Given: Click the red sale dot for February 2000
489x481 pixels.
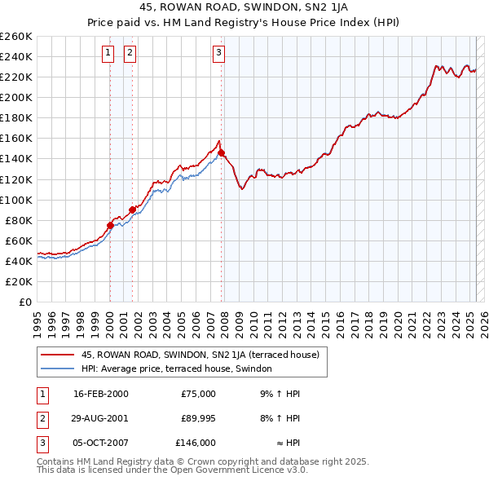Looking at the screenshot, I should pyautogui.click(x=110, y=225).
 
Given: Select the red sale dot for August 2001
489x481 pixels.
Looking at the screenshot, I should pyautogui.click(x=132, y=210).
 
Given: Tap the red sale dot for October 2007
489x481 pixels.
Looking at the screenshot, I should pyautogui.click(x=221, y=152).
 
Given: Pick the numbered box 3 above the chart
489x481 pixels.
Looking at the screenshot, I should pyautogui.click(x=219, y=54).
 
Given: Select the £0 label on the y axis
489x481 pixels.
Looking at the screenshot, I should pyautogui.click(x=25, y=302).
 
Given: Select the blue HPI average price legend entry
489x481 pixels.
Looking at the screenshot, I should pyautogui.click(x=179, y=369).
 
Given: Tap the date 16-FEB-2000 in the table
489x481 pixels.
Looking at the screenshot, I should pyautogui.click(x=101, y=394).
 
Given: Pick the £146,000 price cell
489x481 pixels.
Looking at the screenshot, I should pyautogui.click(x=195, y=443).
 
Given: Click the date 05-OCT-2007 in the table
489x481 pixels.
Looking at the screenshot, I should pyautogui.click(x=101, y=443).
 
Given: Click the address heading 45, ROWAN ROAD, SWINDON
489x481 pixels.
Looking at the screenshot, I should pyautogui.click(x=244, y=8).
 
